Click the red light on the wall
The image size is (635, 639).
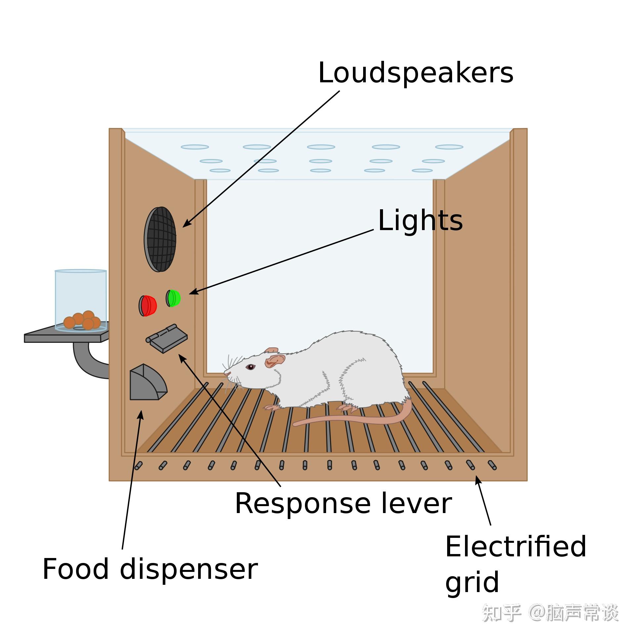tap(148, 305)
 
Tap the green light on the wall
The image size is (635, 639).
tap(173, 298)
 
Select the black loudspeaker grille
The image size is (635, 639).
tap(160, 239)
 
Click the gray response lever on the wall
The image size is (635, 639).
tap(167, 339)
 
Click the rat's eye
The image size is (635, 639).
tap(250, 367)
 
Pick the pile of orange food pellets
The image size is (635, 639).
tap(82, 320)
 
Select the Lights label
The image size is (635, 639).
tap(420, 220)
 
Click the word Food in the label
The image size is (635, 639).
tap(76, 569)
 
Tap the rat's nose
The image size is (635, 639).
tap(226, 373)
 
